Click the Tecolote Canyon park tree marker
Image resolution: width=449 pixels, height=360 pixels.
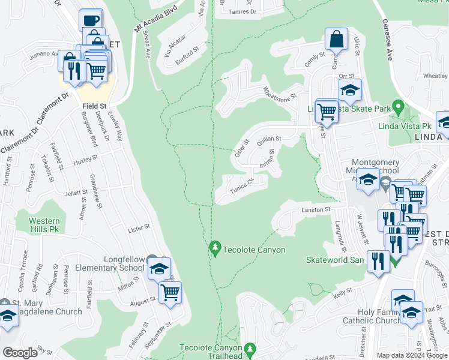215,247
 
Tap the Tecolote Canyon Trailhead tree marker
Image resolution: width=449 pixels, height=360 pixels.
252,349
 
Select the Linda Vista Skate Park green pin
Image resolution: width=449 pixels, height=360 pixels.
397,109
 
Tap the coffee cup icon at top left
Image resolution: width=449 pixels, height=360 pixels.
91,19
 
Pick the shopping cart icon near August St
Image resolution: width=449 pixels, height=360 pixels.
170,293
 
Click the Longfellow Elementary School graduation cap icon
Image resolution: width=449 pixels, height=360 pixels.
160,269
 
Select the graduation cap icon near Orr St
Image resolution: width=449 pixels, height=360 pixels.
350,90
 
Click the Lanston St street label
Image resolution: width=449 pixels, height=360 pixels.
316,209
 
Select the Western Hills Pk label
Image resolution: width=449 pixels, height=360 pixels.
44,225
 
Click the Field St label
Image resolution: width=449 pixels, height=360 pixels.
94,106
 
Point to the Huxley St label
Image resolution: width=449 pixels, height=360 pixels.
85,160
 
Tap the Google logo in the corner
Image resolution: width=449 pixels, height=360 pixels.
20,353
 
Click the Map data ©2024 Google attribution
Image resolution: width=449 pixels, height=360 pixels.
411,355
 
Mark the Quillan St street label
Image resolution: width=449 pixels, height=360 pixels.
269,141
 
